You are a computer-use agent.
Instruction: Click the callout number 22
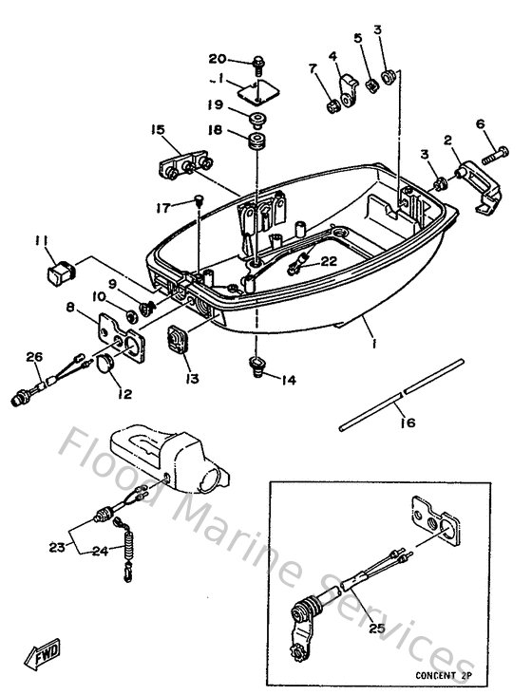tap(328, 261)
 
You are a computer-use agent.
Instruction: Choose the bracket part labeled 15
tap(181, 165)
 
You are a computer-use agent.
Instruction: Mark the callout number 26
tap(34, 357)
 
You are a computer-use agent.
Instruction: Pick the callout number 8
tap(69, 308)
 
